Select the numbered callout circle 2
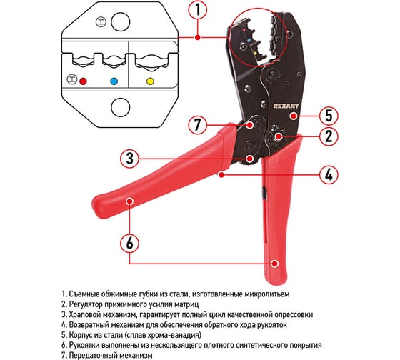pyautogui.click(x=329, y=136)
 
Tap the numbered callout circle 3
pyautogui.click(x=130, y=159)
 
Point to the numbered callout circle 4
pyautogui.click(x=329, y=175)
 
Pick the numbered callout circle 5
pyautogui.click(x=329, y=116)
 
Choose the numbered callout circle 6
pyautogui.click(x=130, y=243)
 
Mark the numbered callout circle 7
pyautogui.click(x=197, y=125)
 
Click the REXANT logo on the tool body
pyautogui.click(x=286, y=106)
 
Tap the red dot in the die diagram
pyautogui.click(x=83, y=81)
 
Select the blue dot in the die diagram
pyautogui.click(x=114, y=81)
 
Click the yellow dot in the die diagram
pyautogui.click(x=150, y=81)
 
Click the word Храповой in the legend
pyautogui.click(x=85, y=314)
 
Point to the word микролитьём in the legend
pyautogui.click(x=267, y=294)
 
